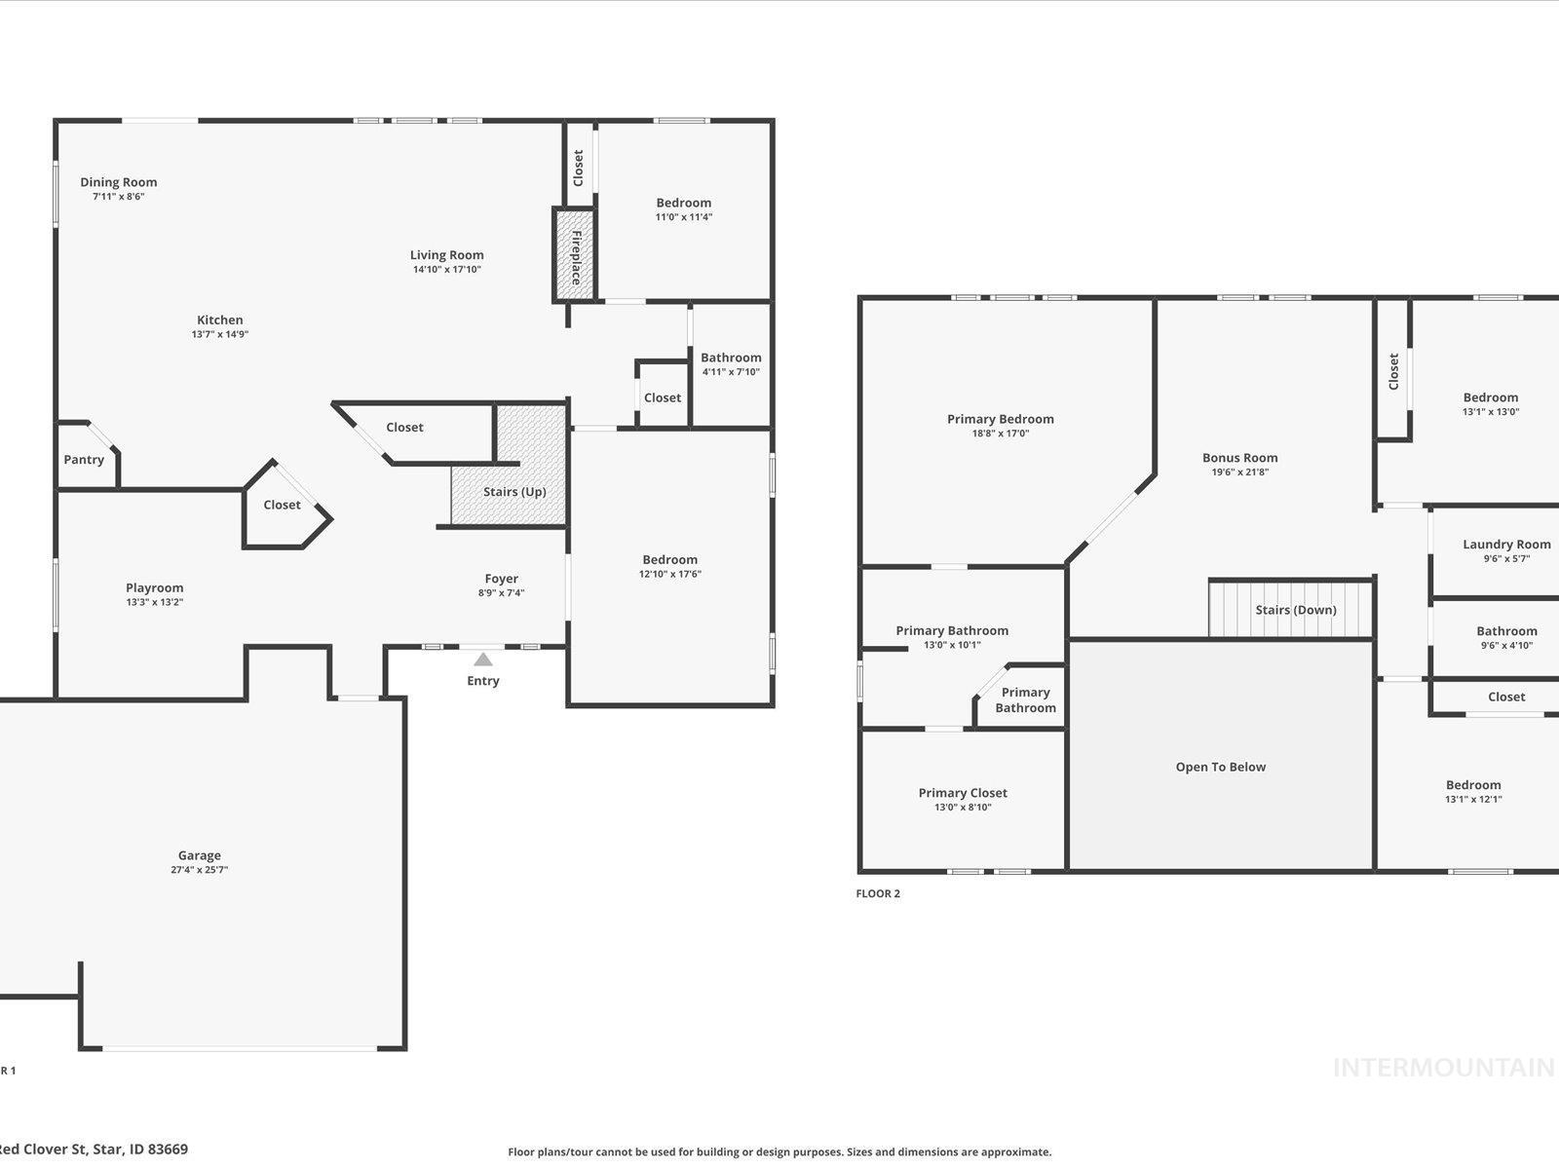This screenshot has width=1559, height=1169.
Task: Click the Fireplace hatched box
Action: pos(575,255)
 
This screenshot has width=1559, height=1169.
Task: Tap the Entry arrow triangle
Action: pos(483,660)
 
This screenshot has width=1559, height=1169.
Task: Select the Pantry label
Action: pos(84,460)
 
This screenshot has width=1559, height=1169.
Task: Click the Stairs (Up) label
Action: pos(514,492)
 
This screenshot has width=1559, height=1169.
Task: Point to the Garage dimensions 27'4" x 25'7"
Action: pos(199,870)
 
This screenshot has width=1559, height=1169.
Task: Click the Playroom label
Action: pos(154,587)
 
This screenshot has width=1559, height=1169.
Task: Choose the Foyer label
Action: pos(501,579)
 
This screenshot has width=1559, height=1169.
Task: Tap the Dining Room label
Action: pos(118,182)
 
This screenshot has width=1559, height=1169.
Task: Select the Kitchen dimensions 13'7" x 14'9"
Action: pos(220,334)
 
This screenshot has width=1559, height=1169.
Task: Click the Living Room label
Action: pos(446,255)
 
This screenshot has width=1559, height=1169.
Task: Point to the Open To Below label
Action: pos(1220,767)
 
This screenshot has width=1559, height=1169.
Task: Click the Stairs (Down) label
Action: pos(1295,610)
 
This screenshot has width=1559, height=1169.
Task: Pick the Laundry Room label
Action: pos(1506,545)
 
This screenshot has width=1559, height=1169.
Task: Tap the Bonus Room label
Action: pos(1239,458)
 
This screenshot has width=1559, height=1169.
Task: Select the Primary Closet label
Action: pos(963,793)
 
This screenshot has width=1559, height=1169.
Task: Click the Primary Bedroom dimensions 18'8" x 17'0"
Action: pos(1001,434)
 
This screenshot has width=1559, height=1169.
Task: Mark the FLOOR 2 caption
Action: pos(878,893)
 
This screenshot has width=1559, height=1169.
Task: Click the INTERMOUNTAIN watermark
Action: pos(1443,1068)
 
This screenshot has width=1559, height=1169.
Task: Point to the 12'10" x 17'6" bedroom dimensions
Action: pos(669,574)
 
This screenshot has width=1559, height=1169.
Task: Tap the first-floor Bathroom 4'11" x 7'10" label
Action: pos(731,358)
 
